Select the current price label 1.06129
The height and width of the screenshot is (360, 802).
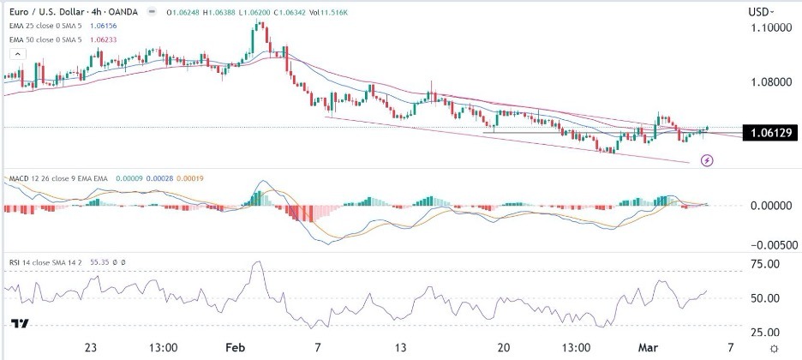click(x=769, y=134)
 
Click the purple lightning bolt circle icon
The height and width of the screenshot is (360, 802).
click(x=708, y=160)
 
